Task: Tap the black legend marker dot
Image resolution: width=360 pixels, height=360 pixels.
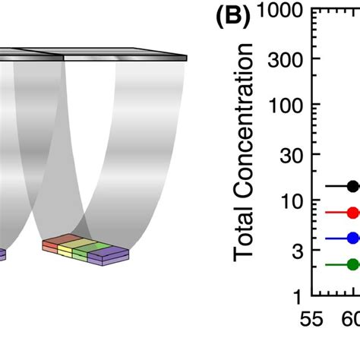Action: point(352,185)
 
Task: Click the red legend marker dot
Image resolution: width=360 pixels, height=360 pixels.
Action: point(352,213)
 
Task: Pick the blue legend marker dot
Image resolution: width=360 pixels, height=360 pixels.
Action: point(352,238)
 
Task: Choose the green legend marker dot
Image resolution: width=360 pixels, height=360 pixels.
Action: point(352,264)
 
